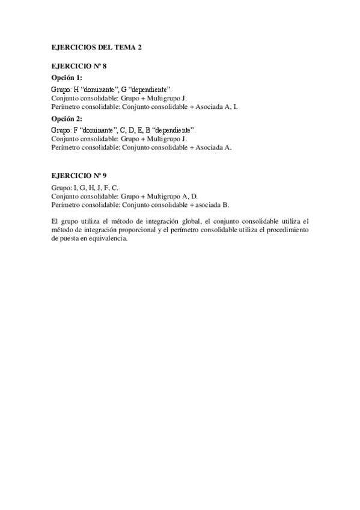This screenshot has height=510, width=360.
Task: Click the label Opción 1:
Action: (66, 78)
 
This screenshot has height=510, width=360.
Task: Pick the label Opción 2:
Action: (66, 118)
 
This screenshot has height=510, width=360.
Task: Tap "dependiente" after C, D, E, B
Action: (173, 130)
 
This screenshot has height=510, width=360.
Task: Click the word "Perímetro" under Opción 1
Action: (66, 107)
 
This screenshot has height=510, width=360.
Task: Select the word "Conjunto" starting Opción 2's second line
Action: (65, 139)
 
